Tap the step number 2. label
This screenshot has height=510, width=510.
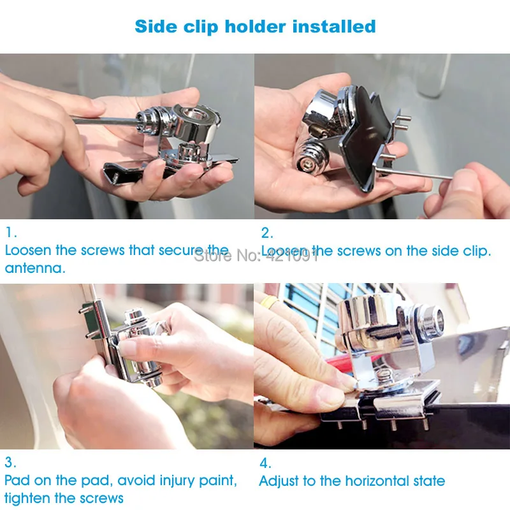pyautogui.click(x=266, y=233)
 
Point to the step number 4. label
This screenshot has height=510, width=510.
pyautogui.click(x=265, y=463)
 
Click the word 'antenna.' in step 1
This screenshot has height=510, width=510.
pyautogui.click(x=35, y=268)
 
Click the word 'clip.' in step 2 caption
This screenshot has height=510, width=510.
pyautogui.click(x=476, y=251)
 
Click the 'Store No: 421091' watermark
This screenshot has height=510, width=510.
pyautogui.click(x=256, y=256)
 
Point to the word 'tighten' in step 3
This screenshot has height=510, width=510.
pyautogui.click(x=28, y=498)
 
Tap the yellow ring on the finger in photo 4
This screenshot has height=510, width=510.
pyautogui.click(x=270, y=302)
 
